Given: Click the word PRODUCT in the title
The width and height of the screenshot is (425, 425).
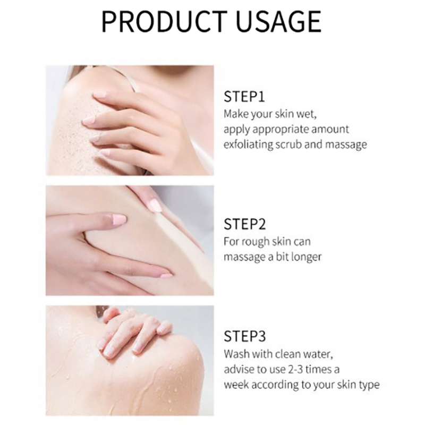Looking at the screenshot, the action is pyautogui.click(x=164, y=21).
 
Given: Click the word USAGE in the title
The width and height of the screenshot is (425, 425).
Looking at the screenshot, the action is pyautogui.click(x=279, y=21).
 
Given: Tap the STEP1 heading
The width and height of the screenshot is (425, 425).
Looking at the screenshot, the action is pyautogui.click(x=244, y=97).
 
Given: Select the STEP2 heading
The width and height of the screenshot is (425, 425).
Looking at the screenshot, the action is pyautogui.click(x=245, y=224).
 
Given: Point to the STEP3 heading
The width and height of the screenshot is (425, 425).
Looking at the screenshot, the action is pyautogui.click(x=245, y=336).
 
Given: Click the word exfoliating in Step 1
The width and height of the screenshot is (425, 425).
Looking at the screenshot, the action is pyautogui.click(x=248, y=144).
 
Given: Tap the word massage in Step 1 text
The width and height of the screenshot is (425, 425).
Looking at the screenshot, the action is pyautogui.click(x=346, y=145).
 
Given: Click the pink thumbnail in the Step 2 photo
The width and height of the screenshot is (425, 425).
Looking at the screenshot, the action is pyautogui.click(x=118, y=219).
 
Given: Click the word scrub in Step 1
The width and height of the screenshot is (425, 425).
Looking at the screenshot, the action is pyautogui.click(x=288, y=144).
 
